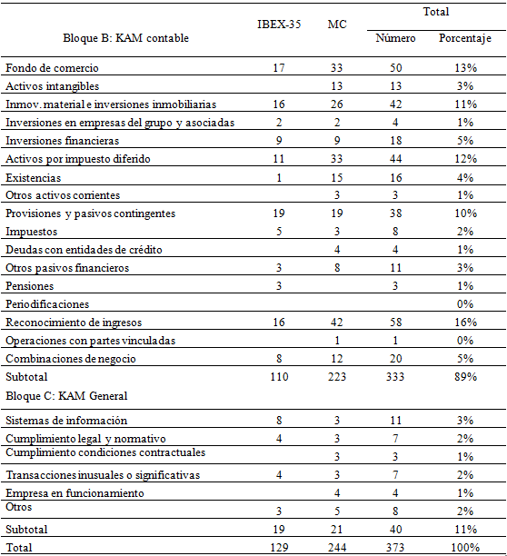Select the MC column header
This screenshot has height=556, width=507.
(x=337, y=23)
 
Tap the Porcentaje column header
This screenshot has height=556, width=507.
(x=464, y=39)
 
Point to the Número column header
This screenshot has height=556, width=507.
(x=395, y=39)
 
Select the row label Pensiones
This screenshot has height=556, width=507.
(x=30, y=286)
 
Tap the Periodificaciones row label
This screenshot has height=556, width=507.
(x=47, y=304)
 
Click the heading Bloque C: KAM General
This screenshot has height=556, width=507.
(x=65, y=395)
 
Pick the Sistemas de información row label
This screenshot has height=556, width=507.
(x=66, y=421)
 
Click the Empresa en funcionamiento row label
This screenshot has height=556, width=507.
(x=75, y=493)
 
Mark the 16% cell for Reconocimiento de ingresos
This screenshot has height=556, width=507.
(x=464, y=323)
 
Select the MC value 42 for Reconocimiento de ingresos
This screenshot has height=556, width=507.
(x=337, y=323)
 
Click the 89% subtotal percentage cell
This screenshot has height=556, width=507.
(x=464, y=377)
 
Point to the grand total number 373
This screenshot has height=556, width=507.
(x=395, y=548)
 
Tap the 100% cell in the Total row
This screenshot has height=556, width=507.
(x=464, y=548)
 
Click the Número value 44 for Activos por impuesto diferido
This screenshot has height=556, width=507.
(x=395, y=159)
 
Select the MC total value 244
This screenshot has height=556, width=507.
(x=337, y=548)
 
